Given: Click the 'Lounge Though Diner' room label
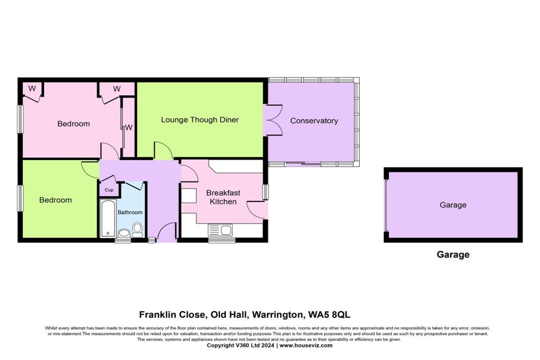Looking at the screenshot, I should [x=200, y=120].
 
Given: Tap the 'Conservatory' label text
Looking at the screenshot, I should [x=314, y=121].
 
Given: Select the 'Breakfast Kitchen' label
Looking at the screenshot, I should [x=221, y=197].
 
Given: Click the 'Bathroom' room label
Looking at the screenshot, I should [x=130, y=212].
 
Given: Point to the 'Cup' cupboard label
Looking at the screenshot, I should [x=109, y=190].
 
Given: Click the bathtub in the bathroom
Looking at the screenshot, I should [x=108, y=219].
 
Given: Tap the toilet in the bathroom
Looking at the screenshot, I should [x=138, y=229].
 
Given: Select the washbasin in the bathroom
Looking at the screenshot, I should [x=124, y=233].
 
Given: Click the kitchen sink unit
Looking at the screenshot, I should [x=221, y=230].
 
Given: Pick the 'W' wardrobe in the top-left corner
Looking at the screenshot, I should [x=32, y=89].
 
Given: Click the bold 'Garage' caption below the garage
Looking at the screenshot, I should [x=452, y=255].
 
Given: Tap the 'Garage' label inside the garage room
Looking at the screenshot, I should [x=452, y=205].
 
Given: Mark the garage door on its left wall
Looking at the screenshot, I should [x=386, y=205].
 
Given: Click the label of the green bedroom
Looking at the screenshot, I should [x=56, y=200].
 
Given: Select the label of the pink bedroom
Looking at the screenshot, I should [x=73, y=124].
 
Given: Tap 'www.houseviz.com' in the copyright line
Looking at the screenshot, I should [x=306, y=346].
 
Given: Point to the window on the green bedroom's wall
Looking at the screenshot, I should [x=21, y=198].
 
